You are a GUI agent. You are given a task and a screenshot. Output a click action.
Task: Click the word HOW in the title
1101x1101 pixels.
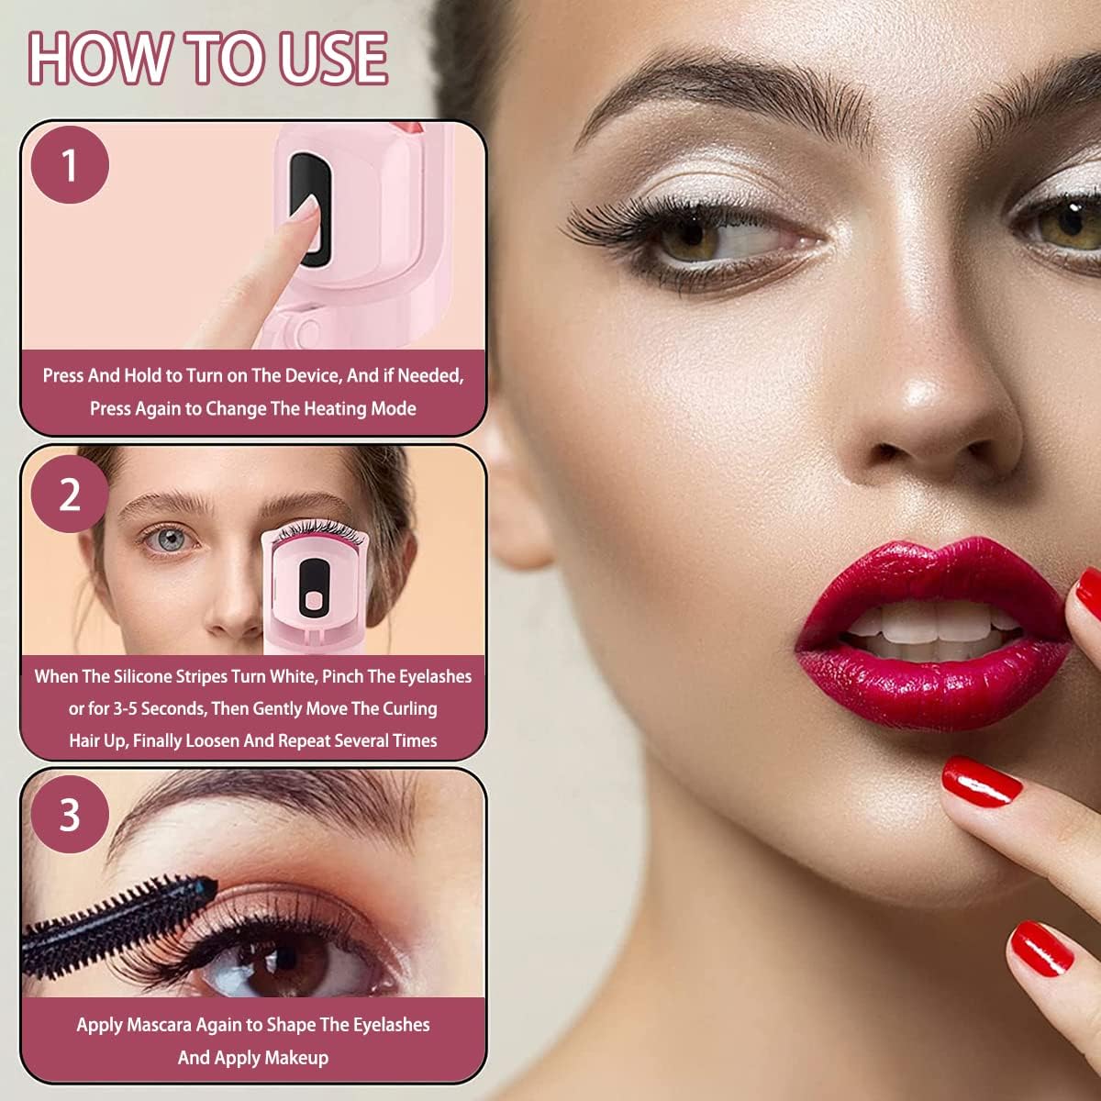point(101,59)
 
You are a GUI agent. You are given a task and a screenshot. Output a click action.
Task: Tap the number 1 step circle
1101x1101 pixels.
point(70,165)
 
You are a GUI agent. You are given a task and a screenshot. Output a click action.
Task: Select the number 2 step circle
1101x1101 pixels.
point(70,494)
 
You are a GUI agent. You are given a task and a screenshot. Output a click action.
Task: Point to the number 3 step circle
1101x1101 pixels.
point(70,815)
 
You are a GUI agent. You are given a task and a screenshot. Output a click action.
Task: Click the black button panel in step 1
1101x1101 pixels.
point(310,209)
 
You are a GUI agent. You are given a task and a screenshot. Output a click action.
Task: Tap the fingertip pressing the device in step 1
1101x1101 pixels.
point(306,210)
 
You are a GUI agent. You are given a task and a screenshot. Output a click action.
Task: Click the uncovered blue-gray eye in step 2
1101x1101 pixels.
point(171,539)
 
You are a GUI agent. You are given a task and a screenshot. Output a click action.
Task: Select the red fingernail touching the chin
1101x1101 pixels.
point(982,782)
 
